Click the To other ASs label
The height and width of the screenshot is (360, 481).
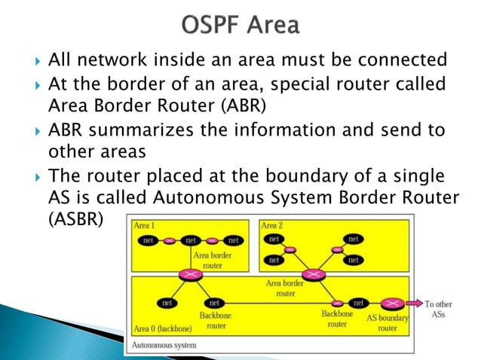(438, 309)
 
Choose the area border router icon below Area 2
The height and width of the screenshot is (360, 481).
(310, 274)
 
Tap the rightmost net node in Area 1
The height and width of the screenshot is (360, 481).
(234, 240)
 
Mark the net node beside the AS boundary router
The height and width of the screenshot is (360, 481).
(358, 303)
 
